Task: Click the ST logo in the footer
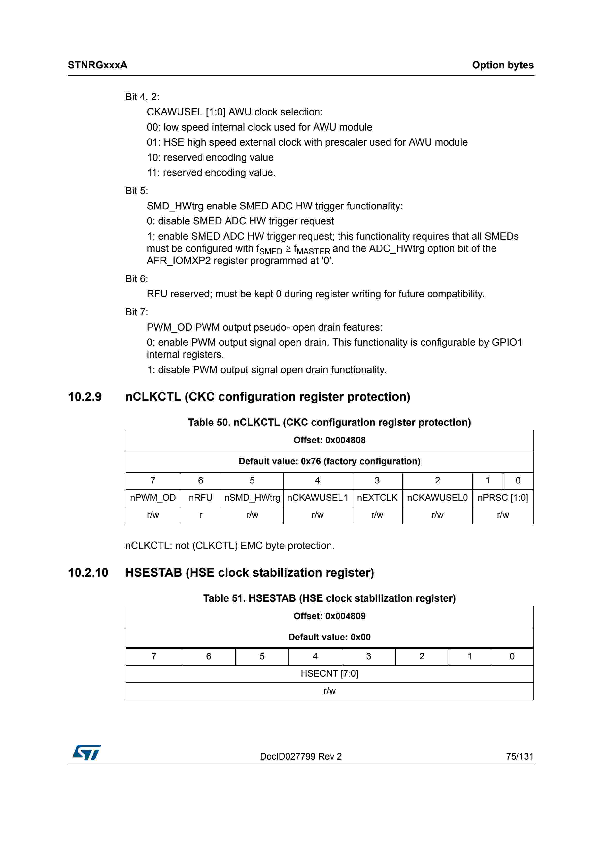click(x=86, y=753)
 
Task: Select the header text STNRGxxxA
click(x=98, y=65)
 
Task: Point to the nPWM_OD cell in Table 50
click(x=153, y=498)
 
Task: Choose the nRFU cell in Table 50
click(x=200, y=498)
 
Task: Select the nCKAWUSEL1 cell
click(x=317, y=498)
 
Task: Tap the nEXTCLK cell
click(x=377, y=498)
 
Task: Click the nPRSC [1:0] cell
click(x=503, y=498)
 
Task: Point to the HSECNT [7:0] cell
click(x=329, y=673)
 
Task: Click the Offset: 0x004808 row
click(x=329, y=440)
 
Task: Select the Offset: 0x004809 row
click(x=329, y=616)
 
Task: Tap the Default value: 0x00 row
click(x=329, y=637)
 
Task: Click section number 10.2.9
click(x=85, y=397)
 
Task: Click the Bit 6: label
click(x=136, y=279)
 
